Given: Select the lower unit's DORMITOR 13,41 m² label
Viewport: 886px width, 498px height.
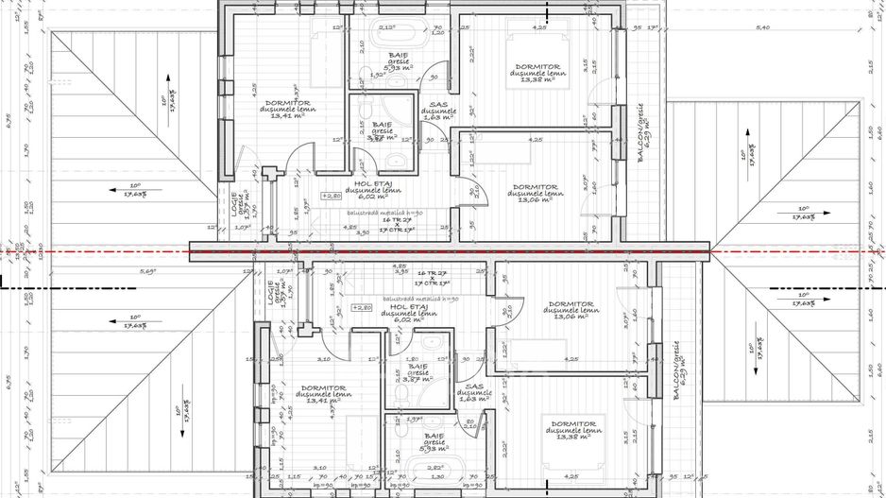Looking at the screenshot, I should pyautogui.click(x=323, y=393).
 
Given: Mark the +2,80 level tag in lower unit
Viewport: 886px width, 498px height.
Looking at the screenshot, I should pyautogui.click(x=362, y=308).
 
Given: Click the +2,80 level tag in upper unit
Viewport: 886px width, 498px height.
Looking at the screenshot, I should pyautogui.click(x=331, y=197).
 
